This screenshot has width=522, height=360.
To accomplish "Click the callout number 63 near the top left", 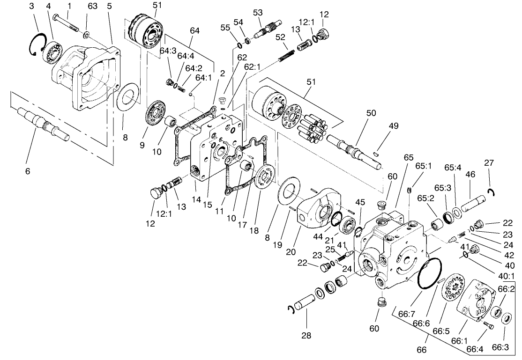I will point(92,6).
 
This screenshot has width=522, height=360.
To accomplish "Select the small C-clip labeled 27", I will point(491,191).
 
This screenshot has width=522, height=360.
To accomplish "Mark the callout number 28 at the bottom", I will point(306,335).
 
